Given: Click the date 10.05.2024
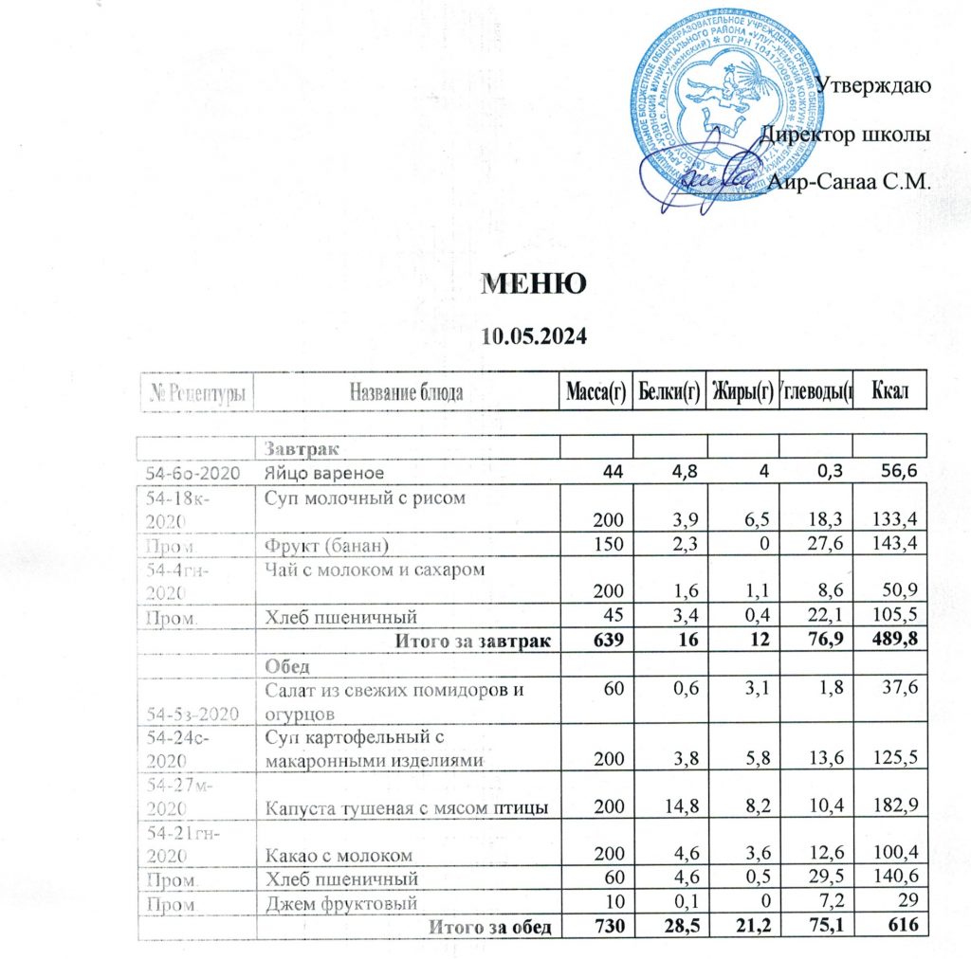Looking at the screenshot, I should tap(534, 335).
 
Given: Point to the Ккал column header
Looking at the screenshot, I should tap(889, 391).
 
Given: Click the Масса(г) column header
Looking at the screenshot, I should tap(595, 391).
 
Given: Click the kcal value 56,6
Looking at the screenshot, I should tap(903, 471).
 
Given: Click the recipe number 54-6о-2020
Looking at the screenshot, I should tap(197, 471).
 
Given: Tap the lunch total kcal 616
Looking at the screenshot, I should tap(906, 926).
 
